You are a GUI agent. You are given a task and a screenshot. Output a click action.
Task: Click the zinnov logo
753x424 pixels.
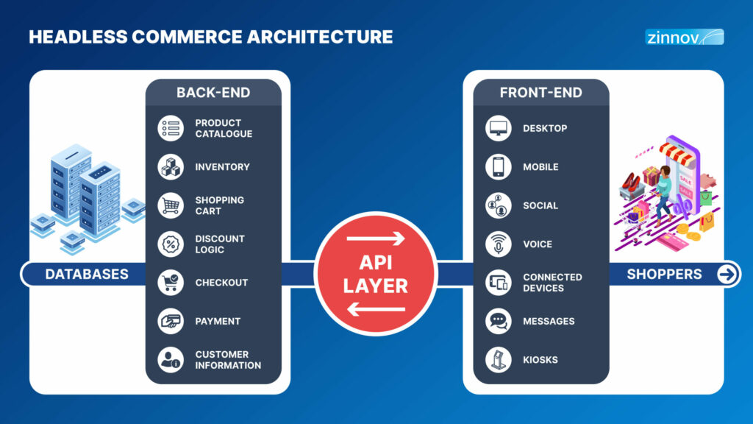coord(685,37)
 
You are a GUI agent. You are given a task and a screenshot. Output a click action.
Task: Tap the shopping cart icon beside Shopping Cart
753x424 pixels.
coord(171,205)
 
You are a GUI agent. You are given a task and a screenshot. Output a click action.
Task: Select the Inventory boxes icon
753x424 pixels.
coord(171,167)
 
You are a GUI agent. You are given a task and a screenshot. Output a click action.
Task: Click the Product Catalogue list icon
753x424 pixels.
coord(171,128)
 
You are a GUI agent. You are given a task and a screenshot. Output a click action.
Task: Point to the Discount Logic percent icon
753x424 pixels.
coord(171,244)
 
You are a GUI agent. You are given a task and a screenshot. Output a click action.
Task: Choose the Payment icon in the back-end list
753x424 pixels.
coord(171,321)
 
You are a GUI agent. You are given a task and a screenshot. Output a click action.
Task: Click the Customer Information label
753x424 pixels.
coord(228,359)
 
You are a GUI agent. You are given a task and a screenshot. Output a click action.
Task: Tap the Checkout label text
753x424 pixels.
coord(221,283)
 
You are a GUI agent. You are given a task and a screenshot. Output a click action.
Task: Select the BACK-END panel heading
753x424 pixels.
coord(213,92)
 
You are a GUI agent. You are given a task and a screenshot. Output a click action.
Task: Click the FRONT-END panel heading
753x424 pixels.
coord(540,92)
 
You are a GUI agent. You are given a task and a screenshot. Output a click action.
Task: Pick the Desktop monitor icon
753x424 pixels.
coord(498,128)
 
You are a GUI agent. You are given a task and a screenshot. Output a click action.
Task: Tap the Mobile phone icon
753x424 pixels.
coord(498,167)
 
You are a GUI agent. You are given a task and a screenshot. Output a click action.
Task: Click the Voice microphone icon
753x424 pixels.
coord(498,244)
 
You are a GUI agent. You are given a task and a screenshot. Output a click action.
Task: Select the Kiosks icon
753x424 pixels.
coord(498,359)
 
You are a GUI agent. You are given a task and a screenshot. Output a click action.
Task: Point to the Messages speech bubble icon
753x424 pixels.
coord(498,321)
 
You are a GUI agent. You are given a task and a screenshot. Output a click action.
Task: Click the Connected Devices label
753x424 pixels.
coord(552,283)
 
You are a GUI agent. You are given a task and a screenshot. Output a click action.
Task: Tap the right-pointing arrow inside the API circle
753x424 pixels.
coord(376,239)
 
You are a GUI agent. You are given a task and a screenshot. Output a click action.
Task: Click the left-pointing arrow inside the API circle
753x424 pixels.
coord(376,309)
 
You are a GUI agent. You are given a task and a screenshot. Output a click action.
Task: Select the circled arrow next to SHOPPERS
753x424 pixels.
coord(727,274)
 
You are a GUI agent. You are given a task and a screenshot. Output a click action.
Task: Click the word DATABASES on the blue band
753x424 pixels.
coord(87,274)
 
